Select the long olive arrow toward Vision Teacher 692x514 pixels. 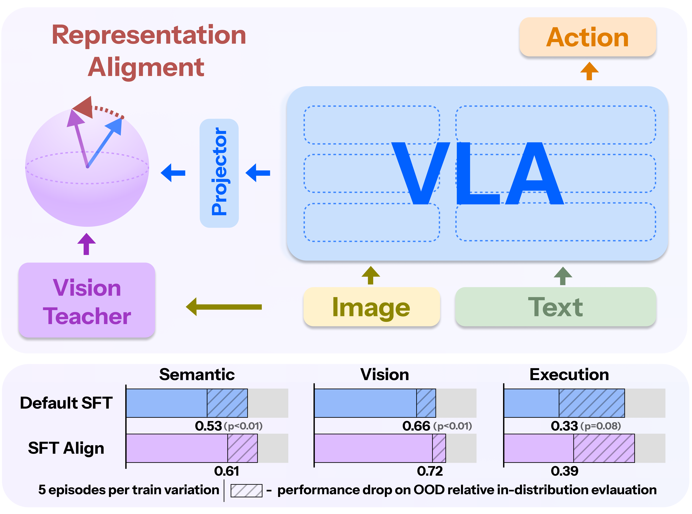[224, 307]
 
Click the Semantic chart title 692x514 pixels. [197, 374]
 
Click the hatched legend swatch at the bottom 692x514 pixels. [246, 490]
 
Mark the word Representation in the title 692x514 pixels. [149, 35]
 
